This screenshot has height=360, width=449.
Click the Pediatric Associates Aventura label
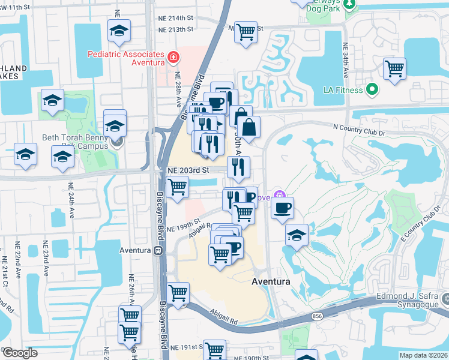pyautogui.click(x=126, y=58)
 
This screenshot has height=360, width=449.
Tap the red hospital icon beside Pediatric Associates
pyautogui.click(x=173, y=58)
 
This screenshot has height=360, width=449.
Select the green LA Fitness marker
pyautogui.click(x=372, y=90)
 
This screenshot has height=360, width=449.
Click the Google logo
pyautogui.click(x=19, y=353)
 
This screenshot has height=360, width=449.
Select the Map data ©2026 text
pyautogui.click(x=423, y=355)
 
